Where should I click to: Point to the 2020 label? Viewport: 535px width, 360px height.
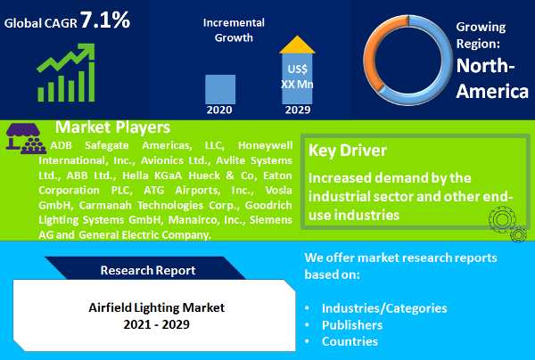pyautogui.click(x=220, y=110)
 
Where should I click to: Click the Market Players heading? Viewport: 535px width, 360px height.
pyautogui.click(x=112, y=127)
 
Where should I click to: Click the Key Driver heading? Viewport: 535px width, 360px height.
pyautogui.click(x=348, y=151)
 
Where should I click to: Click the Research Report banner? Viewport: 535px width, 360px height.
pyautogui.click(x=148, y=269)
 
